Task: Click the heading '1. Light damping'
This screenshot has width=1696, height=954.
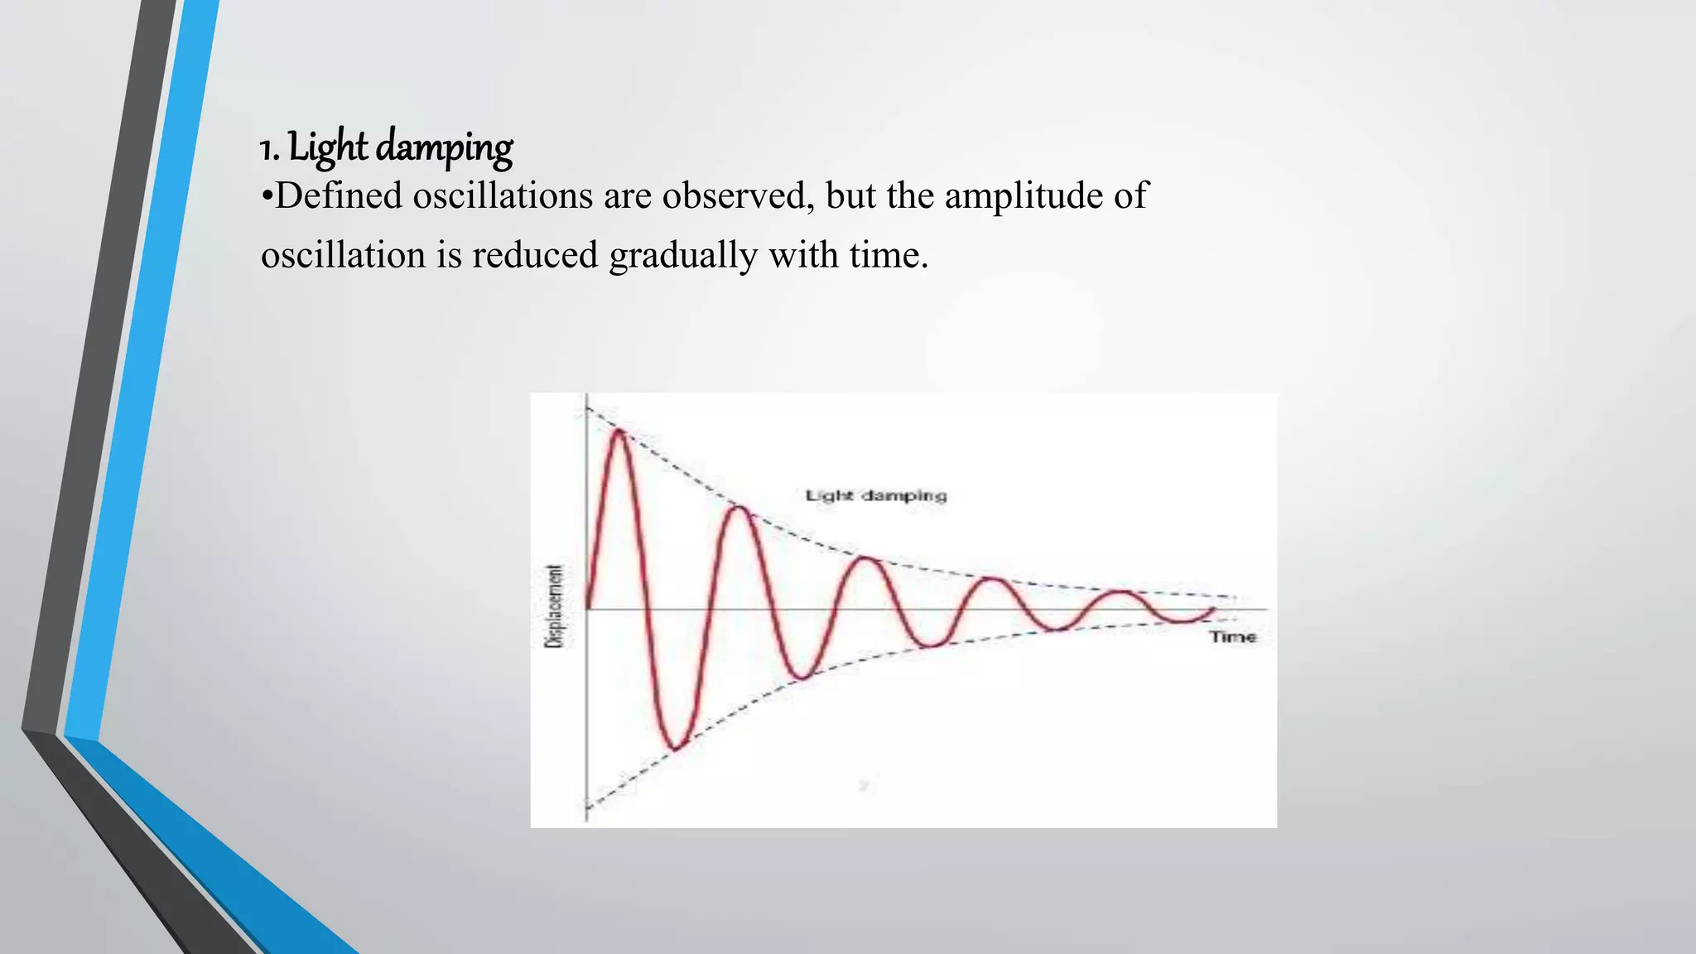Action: [x=386, y=147]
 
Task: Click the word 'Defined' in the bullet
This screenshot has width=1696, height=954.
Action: [x=338, y=196]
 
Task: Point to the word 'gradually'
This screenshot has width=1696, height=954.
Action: [x=682, y=255]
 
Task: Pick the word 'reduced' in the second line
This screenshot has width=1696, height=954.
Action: [x=535, y=255]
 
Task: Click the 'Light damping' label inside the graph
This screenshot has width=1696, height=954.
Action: [x=875, y=496]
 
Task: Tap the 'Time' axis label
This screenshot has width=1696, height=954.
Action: [x=1233, y=637]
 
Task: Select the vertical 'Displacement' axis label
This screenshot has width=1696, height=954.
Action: [x=556, y=605]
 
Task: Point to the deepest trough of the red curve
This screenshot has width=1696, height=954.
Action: [x=676, y=749]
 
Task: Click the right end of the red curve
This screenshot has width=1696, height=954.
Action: [x=1215, y=609]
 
